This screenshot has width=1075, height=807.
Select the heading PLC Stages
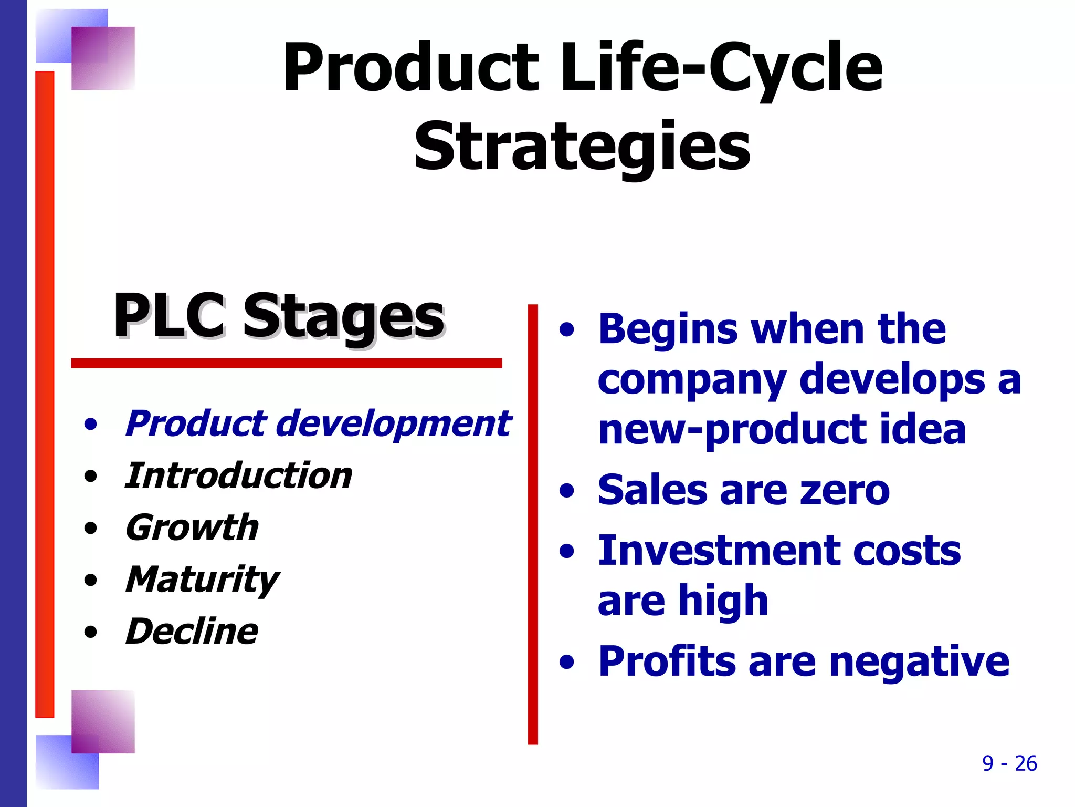pyautogui.click(x=279, y=316)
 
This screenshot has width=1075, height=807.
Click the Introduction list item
pyautogui.click(x=238, y=476)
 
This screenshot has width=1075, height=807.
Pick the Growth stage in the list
pyautogui.click(x=192, y=527)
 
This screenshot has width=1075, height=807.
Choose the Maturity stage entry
pyautogui.click(x=202, y=580)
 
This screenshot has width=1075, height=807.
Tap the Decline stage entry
pyautogui.click(x=192, y=632)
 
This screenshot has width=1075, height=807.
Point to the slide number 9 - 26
pyautogui.click(x=1009, y=763)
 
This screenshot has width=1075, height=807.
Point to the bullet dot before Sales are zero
pyautogui.click(x=567, y=491)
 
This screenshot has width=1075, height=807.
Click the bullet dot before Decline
pyautogui.click(x=91, y=632)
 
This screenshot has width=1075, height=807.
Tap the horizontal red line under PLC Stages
pyautogui.click(x=287, y=363)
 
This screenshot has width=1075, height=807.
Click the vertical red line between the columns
pyautogui.click(x=533, y=525)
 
